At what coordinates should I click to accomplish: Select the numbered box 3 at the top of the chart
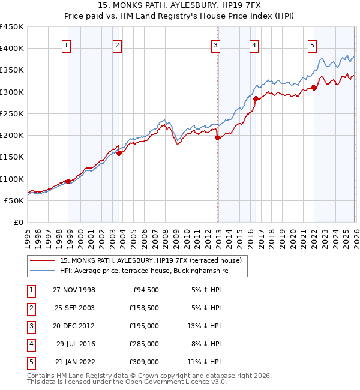[215, 44]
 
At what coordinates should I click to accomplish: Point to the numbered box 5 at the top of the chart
[313, 44]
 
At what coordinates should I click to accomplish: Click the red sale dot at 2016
[256, 98]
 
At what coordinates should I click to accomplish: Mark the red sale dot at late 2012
[218, 137]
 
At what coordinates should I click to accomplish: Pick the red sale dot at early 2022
[314, 88]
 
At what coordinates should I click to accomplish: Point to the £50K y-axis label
[14, 200]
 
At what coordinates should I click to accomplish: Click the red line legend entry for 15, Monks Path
[150, 260]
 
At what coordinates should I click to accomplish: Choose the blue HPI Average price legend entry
[144, 271]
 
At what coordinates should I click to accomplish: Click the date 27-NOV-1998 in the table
[74, 290]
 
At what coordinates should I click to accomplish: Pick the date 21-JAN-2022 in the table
[74, 362]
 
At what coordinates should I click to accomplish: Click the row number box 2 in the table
[29, 308]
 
